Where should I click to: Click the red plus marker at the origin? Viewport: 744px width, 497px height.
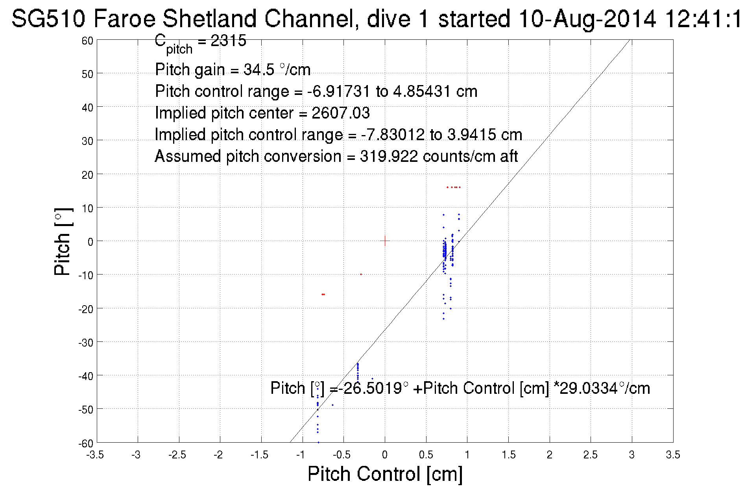385,241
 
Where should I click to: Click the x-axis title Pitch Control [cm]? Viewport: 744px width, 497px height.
385,474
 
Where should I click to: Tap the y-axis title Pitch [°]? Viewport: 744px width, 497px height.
63,241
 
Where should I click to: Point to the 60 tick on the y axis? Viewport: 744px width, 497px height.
87,41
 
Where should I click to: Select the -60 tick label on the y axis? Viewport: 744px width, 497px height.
86,443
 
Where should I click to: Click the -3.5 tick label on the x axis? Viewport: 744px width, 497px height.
95,455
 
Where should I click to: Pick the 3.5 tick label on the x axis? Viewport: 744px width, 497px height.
673,455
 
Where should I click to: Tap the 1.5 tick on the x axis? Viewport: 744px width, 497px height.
508,455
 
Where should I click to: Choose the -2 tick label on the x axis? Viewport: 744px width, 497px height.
218,455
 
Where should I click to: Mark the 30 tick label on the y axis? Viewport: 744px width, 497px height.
87,141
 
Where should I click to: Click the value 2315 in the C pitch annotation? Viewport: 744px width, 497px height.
228,41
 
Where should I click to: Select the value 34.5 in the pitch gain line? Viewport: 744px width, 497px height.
258,70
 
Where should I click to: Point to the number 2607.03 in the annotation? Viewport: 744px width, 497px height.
341,113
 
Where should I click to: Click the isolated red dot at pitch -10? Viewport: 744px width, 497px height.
361,274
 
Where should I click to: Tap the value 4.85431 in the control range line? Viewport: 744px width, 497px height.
421,91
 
